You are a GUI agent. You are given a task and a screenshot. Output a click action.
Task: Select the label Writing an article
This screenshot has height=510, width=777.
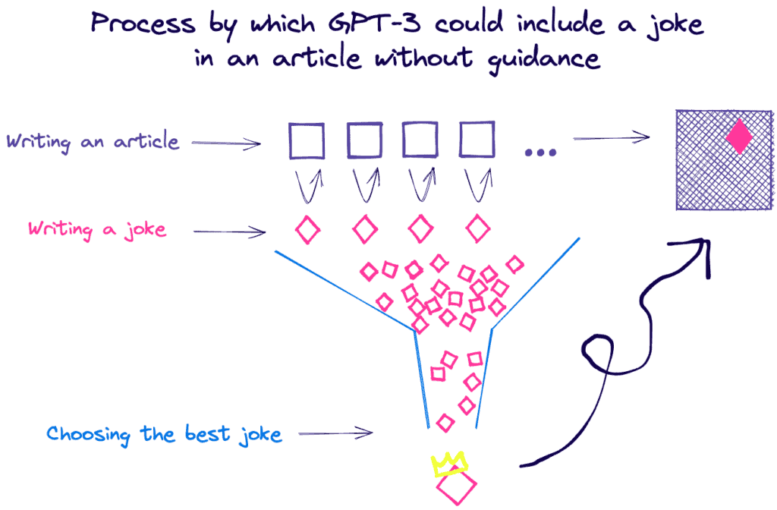click(x=93, y=142)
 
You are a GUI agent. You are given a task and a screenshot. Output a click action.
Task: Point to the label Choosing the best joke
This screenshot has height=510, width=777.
click(x=164, y=435)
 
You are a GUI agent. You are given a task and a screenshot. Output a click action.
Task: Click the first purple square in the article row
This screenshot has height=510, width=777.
click(x=306, y=141)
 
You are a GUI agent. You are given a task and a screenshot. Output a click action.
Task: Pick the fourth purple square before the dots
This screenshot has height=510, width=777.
click(x=477, y=141)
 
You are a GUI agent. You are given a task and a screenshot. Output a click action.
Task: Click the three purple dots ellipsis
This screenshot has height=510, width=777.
click(x=540, y=153)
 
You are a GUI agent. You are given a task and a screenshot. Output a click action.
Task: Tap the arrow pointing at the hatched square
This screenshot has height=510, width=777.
click(x=611, y=137)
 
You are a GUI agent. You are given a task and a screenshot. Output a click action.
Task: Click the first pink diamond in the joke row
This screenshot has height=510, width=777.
click(x=307, y=229)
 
